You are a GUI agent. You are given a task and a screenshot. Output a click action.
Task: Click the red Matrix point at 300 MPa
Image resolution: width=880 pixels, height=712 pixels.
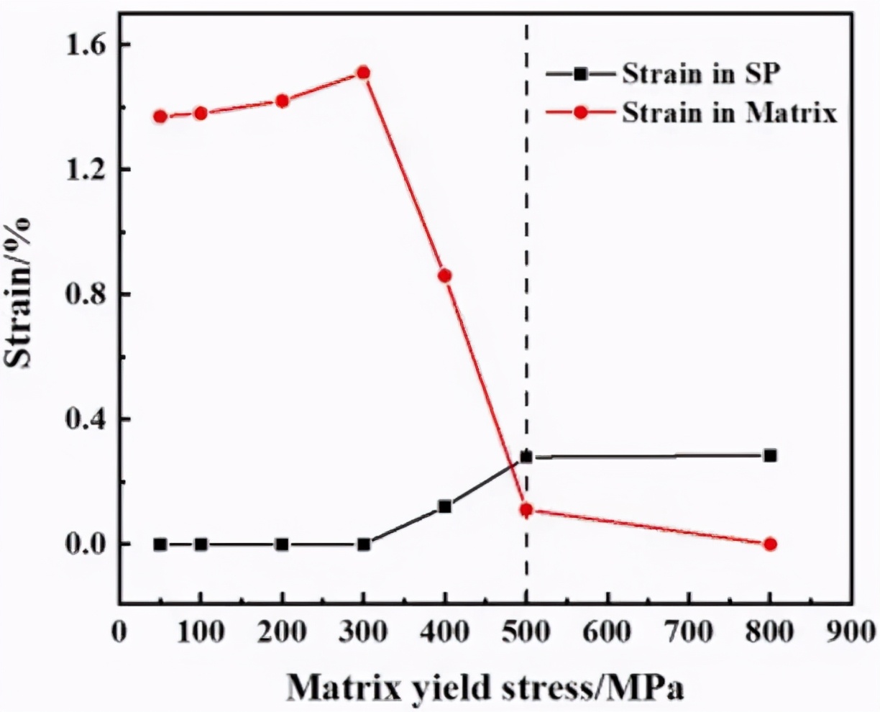pyautogui.click(x=363, y=73)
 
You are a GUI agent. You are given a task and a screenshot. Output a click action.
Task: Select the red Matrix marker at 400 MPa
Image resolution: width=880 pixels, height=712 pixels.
pyautogui.click(x=445, y=275)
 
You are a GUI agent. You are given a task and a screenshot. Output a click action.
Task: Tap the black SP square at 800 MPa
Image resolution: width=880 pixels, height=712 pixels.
pyautogui.click(x=770, y=455)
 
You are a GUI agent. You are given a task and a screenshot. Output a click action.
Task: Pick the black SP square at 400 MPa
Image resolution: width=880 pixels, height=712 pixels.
pyautogui.click(x=445, y=506)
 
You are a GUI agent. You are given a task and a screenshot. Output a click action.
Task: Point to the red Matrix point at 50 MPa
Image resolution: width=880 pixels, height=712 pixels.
pyautogui.click(x=160, y=117)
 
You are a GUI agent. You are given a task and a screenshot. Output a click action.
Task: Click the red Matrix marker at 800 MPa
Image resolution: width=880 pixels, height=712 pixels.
pyautogui.click(x=770, y=544)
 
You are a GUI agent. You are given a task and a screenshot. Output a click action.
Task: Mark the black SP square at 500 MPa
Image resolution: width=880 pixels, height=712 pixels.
pyautogui.click(x=526, y=457)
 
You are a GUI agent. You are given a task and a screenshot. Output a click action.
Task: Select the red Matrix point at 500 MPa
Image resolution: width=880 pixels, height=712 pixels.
pyautogui.click(x=526, y=510)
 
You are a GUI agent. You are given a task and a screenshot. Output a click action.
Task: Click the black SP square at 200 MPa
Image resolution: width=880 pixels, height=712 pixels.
pyautogui.click(x=283, y=544)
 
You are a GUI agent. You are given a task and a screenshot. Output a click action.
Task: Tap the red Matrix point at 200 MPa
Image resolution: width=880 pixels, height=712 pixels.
pyautogui.click(x=283, y=101)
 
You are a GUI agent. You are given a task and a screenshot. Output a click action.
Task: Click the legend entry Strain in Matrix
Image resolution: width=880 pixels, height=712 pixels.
pyautogui.click(x=729, y=113)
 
